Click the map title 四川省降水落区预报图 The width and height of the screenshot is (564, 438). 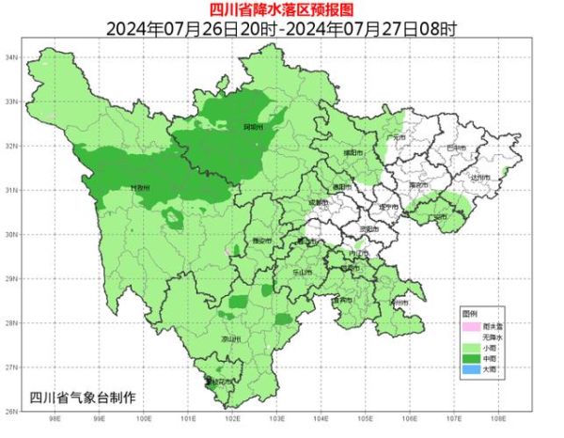pos(281,10)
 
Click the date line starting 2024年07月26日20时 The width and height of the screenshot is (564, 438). pos(281,27)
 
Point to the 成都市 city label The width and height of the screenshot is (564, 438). pos(318,202)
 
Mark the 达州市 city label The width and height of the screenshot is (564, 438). pos(480,178)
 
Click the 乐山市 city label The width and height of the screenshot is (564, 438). pos(305,270)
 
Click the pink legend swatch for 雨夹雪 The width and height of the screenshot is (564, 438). pos(469,326)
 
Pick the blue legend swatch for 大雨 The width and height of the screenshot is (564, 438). pos(469,369)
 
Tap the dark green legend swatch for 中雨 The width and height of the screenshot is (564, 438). pos(469,359)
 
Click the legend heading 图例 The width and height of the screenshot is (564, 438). pos(469,312)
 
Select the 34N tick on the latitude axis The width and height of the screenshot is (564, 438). pos(13,57)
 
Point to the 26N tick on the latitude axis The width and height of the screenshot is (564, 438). pos(13,411)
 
